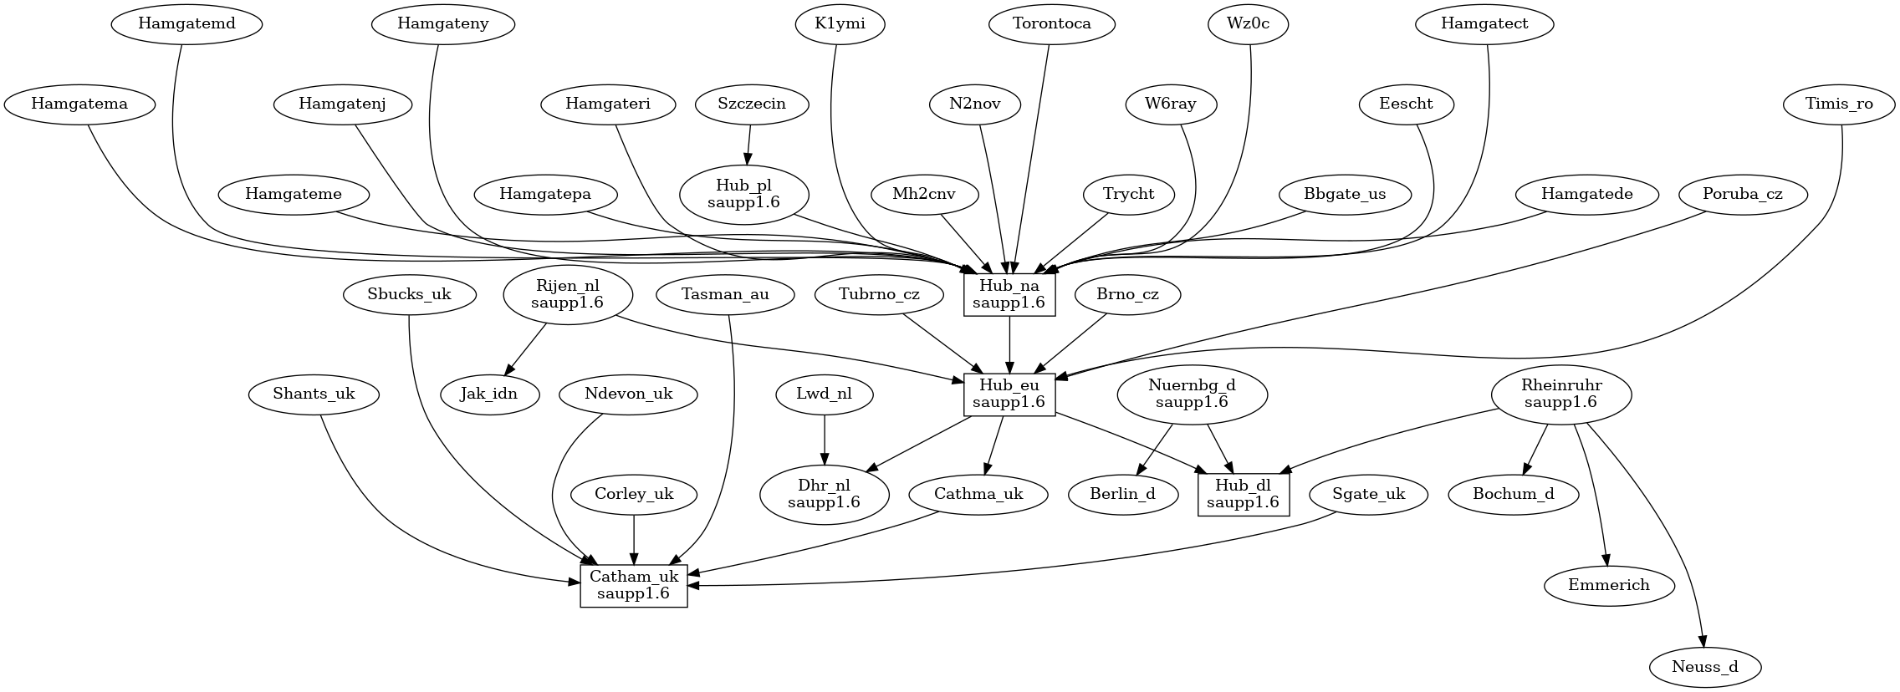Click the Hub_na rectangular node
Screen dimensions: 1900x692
pos(1009,295)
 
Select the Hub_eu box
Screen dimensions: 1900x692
pos(1009,394)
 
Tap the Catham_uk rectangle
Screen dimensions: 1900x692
pos(634,585)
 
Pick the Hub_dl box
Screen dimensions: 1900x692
pos(1243,494)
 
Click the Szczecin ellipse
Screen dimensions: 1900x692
pos(752,104)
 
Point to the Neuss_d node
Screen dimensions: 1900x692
pos(1705,667)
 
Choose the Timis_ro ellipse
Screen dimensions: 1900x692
pos(1839,104)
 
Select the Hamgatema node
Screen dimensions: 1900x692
pos(79,104)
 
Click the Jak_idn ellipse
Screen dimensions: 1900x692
pos(489,394)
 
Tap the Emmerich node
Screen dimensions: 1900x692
pos(1609,585)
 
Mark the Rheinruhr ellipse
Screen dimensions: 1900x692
pos(1560,394)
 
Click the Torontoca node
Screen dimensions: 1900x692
pos(1052,24)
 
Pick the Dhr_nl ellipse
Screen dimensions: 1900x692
pos(825,494)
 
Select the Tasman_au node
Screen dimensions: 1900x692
pos(725,295)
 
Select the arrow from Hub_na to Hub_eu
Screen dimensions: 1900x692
pos(1009,344)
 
